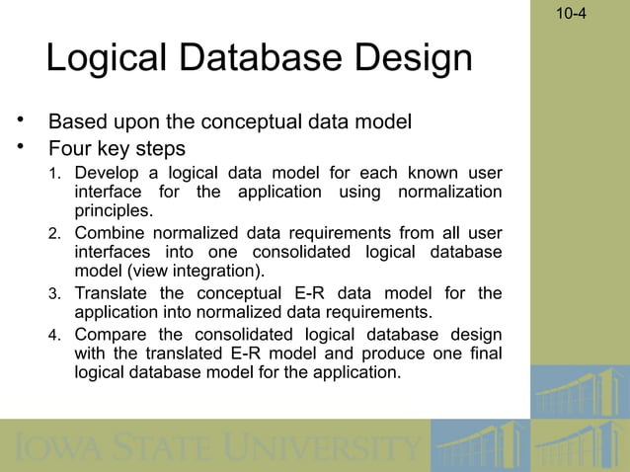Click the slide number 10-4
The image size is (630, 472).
pos(570,15)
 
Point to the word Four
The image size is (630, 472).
pos(70,150)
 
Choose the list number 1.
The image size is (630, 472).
pos(56,175)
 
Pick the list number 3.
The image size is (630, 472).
pos(56,294)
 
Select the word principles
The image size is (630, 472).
pos(114,209)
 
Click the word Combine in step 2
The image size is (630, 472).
pos(110,234)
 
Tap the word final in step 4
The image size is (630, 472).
pos(485,354)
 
